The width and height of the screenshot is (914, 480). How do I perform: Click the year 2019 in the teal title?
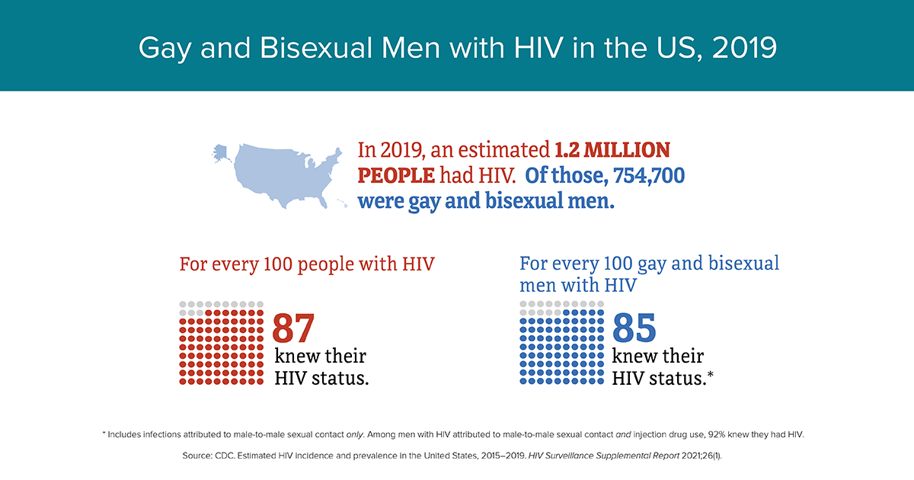pos(744,48)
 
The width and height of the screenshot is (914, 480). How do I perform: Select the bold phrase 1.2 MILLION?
pos(612,150)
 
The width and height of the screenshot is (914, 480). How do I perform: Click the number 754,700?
pos(649,175)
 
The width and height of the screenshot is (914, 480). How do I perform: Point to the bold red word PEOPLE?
pos(396,175)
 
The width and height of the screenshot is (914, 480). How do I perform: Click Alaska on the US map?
pos(221,153)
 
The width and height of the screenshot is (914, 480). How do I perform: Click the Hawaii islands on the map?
pos(342,203)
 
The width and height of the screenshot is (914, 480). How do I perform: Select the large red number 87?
pos(293,328)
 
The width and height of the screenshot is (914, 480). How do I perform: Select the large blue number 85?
pos(634,328)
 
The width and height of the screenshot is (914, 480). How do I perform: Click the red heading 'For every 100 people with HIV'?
pos(307,264)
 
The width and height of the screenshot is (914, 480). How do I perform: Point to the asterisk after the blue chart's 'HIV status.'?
pos(711,374)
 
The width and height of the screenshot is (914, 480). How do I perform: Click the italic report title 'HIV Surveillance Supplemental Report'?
pos(604,456)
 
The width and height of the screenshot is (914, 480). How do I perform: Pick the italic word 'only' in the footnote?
pos(355,435)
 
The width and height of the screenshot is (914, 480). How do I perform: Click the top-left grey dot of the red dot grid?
pos(183,305)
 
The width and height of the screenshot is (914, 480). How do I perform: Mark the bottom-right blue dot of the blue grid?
pos(601,381)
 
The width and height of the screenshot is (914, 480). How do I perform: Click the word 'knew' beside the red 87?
pos(296,356)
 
